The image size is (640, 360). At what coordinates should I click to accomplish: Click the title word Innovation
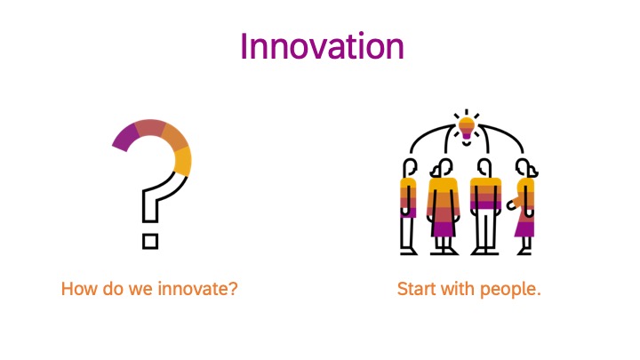(x=322, y=46)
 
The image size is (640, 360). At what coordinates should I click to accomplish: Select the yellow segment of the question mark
(x=182, y=161)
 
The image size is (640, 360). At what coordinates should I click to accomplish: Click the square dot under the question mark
(x=150, y=241)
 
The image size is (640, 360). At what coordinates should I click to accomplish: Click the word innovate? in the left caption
(x=197, y=289)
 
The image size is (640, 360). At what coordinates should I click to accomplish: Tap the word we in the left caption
(x=140, y=290)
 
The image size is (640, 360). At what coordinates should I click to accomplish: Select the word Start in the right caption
(x=418, y=289)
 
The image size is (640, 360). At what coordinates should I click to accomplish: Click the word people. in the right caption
(x=510, y=290)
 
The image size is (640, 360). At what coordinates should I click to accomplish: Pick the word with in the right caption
(x=459, y=289)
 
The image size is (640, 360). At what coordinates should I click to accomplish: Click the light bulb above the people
(x=467, y=129)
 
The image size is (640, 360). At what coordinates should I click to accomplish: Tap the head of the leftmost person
(x=410, y=167)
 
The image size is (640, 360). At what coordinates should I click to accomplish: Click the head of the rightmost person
(x=525, y=167)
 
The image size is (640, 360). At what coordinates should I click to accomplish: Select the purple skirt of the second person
(x=444, y=228)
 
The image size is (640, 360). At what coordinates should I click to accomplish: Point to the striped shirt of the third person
(x=485, y=194)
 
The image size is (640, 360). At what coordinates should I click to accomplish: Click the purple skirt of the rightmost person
(x=524, y=228)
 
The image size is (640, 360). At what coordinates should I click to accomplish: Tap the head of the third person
(x=484, y=167)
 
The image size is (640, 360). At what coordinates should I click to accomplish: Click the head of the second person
(x=443, y=167)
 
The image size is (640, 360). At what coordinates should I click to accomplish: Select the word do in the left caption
(x=113, y=289)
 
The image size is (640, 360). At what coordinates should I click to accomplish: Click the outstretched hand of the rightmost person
(x=510, y=205)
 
